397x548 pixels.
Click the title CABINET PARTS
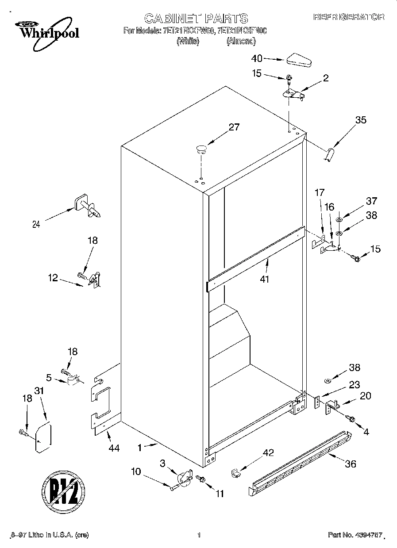point(196,18)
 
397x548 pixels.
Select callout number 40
point(257,58)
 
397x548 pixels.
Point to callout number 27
point(234,127)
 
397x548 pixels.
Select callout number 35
point(361,119)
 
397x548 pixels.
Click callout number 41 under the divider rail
point(265,279)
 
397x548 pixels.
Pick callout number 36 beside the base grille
point(350,464)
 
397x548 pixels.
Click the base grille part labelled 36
point(301,464)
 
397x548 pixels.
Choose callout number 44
point(114,448)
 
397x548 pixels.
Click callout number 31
point(40,391)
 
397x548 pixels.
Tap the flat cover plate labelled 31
point(43,438)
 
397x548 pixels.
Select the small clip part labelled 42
point(235,472)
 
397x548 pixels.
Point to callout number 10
point(136,471)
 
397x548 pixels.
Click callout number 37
point(371,201)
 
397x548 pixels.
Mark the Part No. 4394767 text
point(355,535)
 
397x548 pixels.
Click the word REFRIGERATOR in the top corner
point(349,17)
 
